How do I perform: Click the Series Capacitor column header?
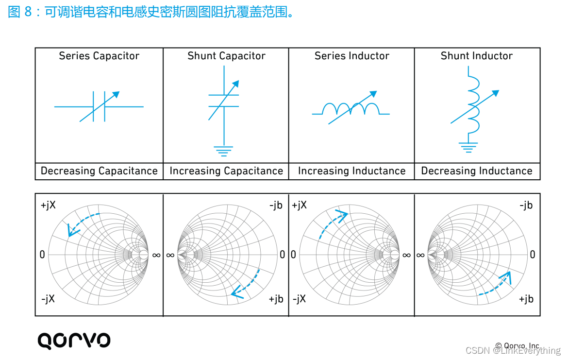tap(99, 56)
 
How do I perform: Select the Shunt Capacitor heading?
tap(226, 56)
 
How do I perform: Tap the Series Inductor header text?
tap(351, 56)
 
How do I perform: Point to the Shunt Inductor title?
tap(476, 56)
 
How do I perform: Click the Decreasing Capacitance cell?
tap(99, 171)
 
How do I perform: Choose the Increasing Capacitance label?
tap(226, 171)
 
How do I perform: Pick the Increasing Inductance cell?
tap(351, 171)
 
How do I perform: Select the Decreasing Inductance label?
tap(476, 171)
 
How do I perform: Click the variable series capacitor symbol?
tap(100, 106)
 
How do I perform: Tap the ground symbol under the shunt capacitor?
tap(223, 151)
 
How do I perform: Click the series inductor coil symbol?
tap(351, 109)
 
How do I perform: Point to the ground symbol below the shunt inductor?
tap(468, 147)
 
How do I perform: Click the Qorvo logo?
tap(74, 341)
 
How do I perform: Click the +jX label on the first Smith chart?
tap(48, 206)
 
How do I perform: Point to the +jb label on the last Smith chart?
tap(526, 299)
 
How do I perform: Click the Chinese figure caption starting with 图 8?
tap(151, 12)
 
